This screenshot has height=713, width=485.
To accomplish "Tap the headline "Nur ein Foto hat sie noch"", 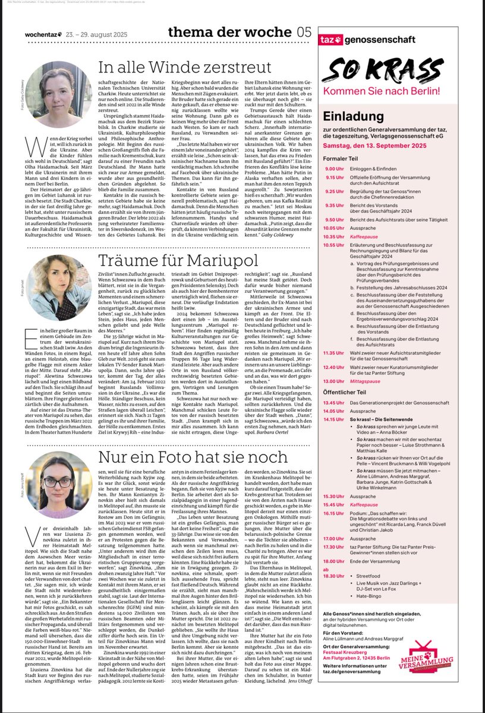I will click(178, 458).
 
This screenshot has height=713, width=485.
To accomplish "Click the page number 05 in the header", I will click(304, 33).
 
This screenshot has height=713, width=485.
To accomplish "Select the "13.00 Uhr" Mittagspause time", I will click(335, 381).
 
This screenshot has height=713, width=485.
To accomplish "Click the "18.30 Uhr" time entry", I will click(335, 576).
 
